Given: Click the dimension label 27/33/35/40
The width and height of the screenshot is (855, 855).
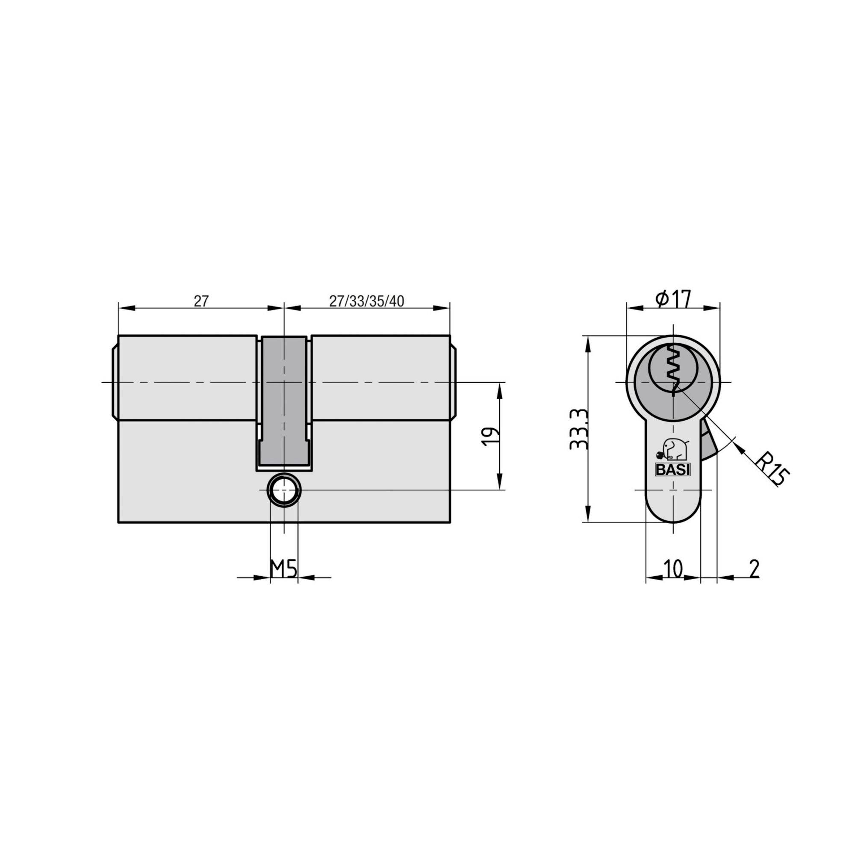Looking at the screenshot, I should click(x=366, y=301).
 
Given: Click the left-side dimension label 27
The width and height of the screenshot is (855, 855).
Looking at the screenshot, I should click(x=200, y=301).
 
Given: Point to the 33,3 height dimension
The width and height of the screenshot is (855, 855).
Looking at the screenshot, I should click(x=579, y=429).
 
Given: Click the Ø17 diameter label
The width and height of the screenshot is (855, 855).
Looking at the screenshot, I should click(x=673, y=300).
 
